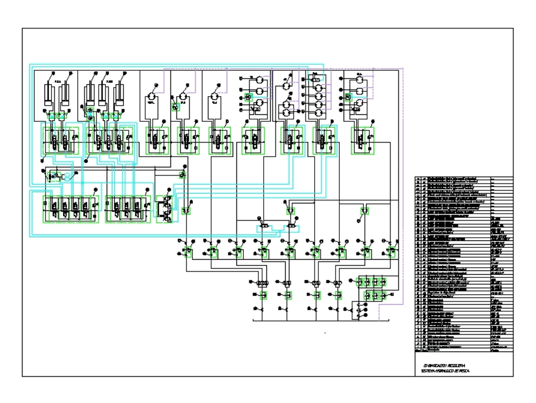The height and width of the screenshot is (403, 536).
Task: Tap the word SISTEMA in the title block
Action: click(429, 371)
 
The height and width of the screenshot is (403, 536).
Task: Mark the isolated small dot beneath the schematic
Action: click(325, 333)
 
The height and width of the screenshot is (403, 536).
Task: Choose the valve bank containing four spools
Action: click(70, 209)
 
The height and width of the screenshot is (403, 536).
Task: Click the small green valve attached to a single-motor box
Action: click(176, 106)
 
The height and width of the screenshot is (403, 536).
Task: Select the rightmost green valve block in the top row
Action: click(362, 141)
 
